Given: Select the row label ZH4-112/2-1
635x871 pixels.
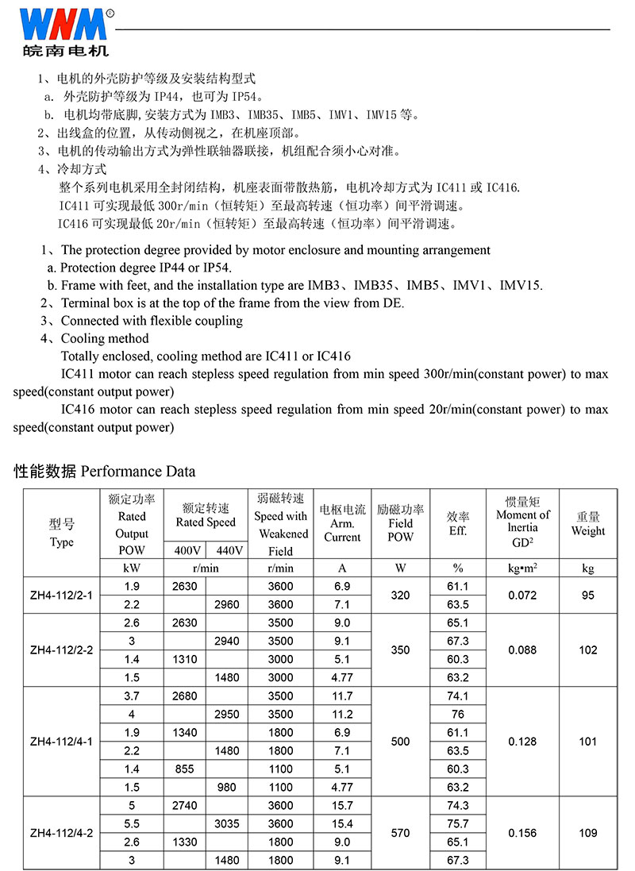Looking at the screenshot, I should coord(61,595).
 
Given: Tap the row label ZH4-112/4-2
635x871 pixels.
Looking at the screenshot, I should coord(61,833).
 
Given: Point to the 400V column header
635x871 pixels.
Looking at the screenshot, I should coord(187,550).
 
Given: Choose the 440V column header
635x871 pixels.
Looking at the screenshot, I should coord(227,550).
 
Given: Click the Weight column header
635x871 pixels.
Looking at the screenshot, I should coord(588,524).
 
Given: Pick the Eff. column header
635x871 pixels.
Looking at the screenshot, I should coord(458,524).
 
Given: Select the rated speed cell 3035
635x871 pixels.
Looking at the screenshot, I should coord(227,824).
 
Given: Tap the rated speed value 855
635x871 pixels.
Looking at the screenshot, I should coord(184,769).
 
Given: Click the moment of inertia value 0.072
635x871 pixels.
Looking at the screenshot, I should coord(522,595).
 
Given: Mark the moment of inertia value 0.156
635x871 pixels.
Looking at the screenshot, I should coord(522,833).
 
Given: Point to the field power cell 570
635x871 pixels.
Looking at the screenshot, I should coord(401,833).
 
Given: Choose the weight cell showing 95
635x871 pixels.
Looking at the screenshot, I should coord(588,595).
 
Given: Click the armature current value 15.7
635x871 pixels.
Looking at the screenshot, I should coord(343,806).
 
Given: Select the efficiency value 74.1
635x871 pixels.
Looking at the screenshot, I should coord(458,696).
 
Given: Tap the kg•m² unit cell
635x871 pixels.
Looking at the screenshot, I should coord(522,568).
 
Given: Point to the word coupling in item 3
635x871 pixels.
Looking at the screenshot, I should coord(220,321).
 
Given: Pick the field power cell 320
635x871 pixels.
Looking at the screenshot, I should coord(401,595).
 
